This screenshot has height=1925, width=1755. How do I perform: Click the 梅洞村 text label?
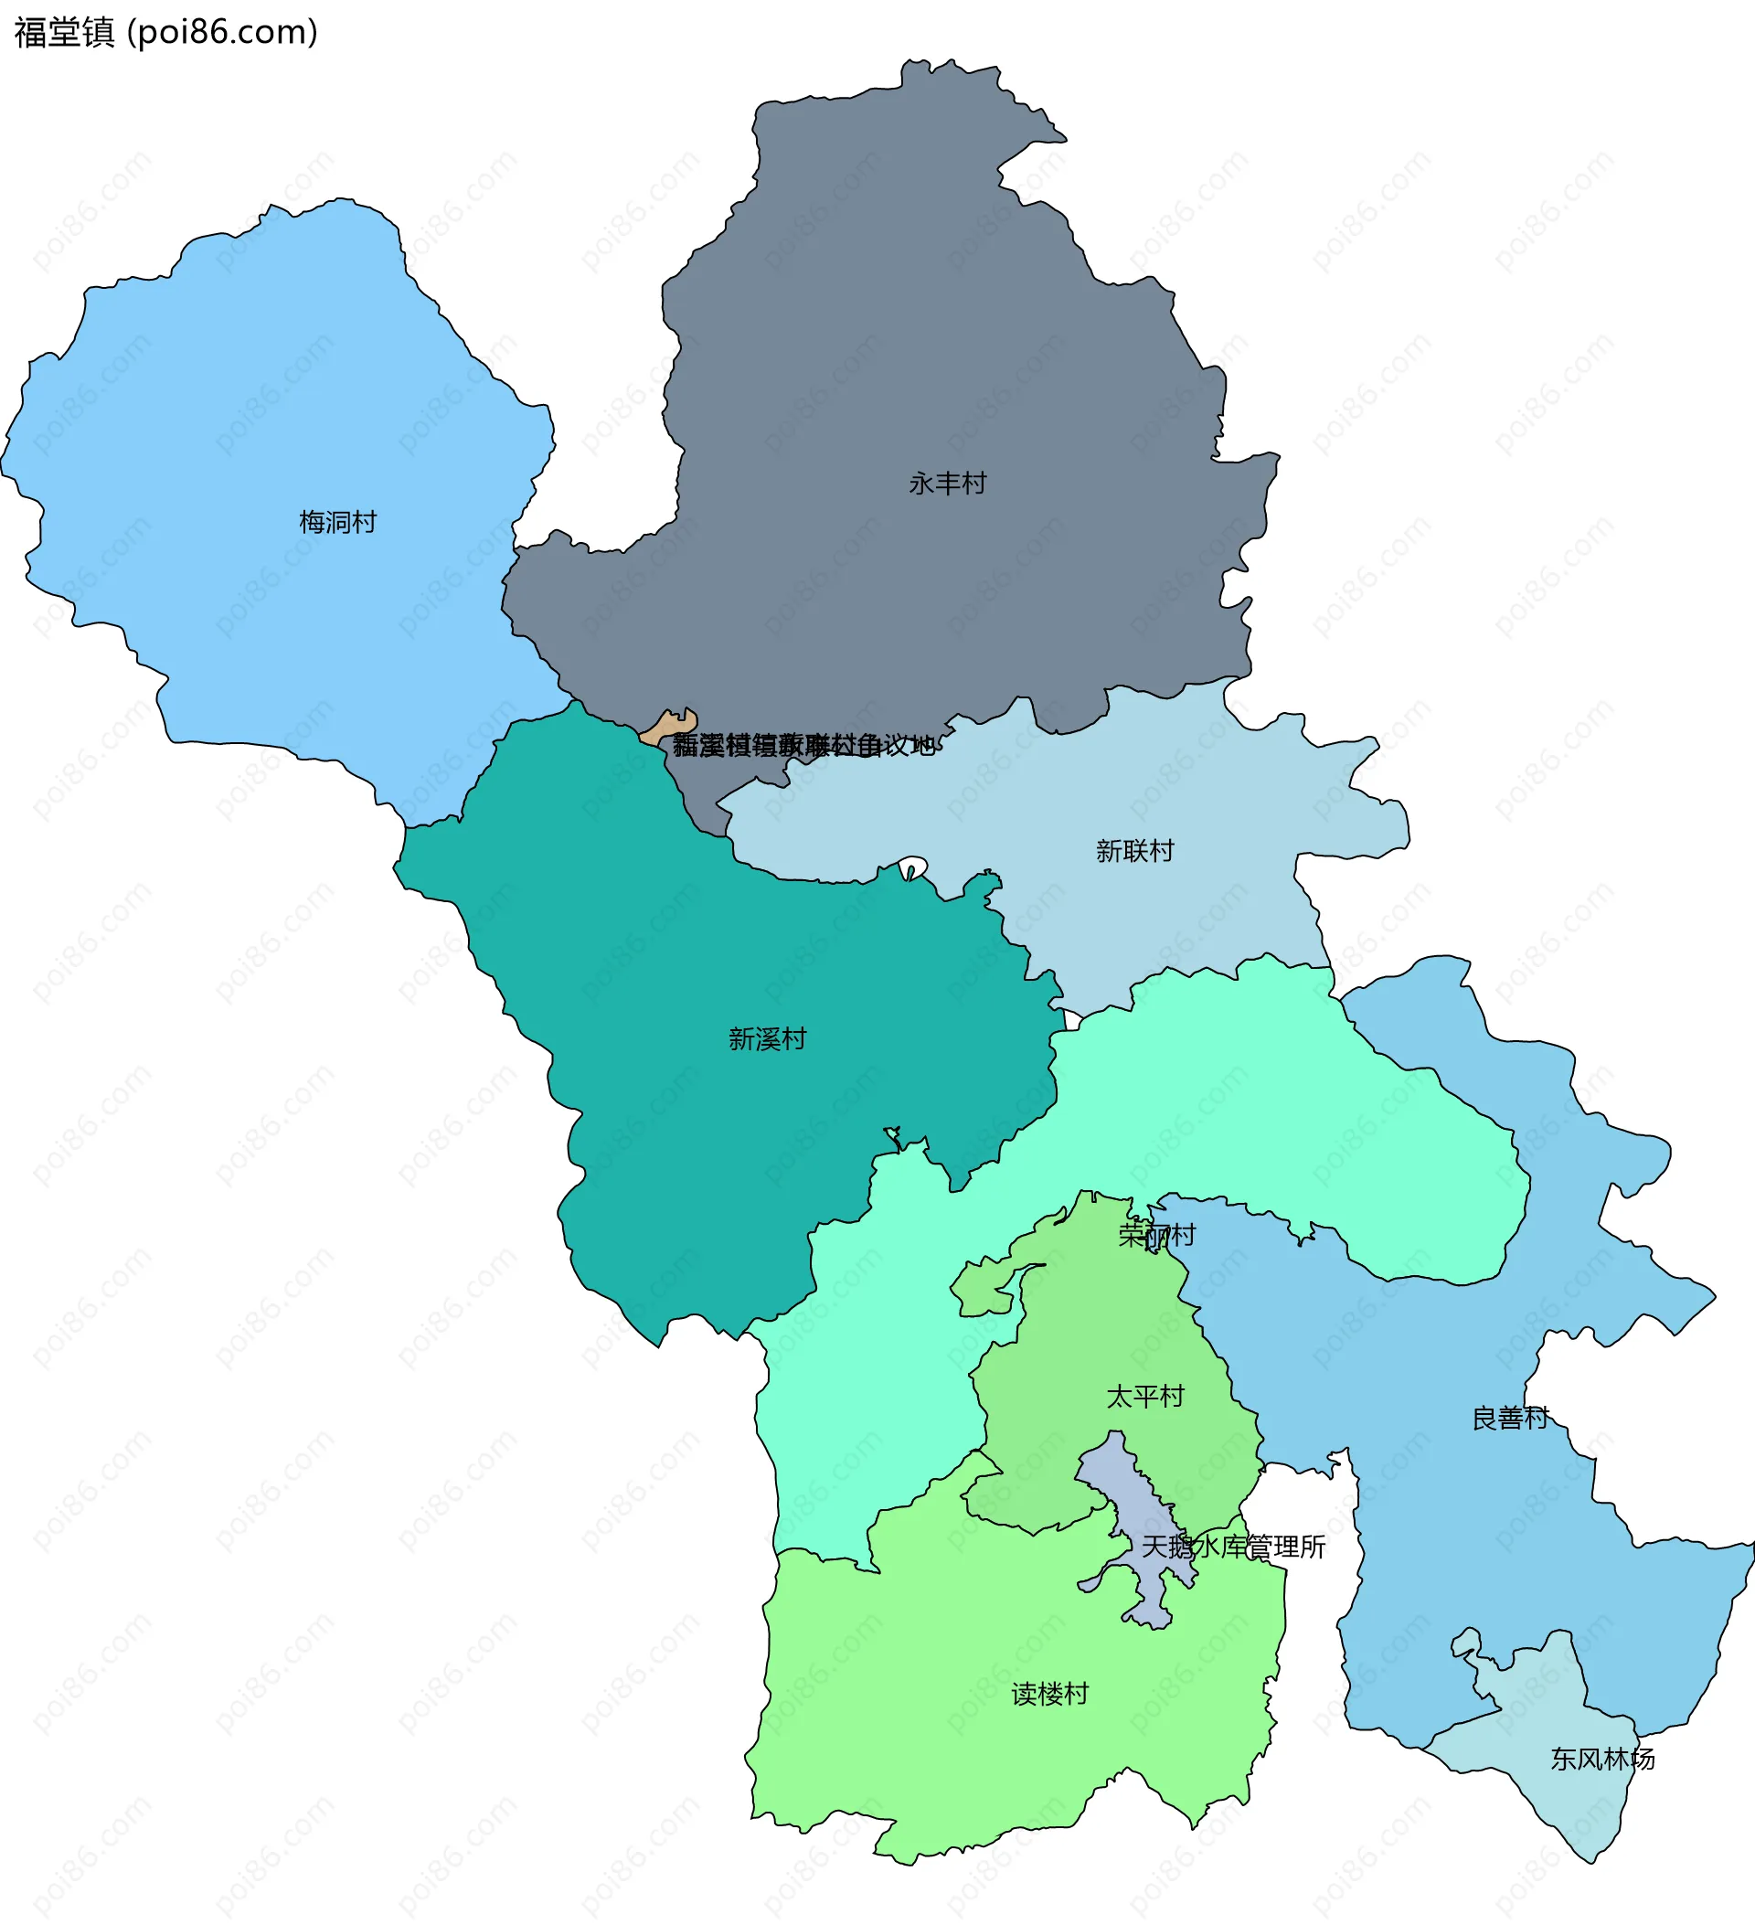[x=338, y=522]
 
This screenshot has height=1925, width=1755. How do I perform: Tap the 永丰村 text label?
[x=947, y=484]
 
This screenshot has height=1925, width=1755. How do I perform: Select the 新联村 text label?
[x=1134, y=851]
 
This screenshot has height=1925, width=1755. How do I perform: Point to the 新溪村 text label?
[x=768, y=1039]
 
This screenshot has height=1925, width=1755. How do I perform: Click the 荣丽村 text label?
[x=1157, y=1236]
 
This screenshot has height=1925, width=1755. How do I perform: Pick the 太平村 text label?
[x=1144, y=1397]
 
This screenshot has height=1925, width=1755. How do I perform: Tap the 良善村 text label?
[x=1510, y=1418]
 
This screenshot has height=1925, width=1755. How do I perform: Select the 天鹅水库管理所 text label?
[x=1234, y=1547]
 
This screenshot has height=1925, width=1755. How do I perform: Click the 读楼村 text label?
[x=1050, y=1694]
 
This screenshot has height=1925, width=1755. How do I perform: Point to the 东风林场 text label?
[x=1602, y=1759]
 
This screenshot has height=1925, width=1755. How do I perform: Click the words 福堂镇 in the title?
[x=64, y=33]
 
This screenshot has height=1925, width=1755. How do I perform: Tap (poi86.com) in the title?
[x=221, y=33]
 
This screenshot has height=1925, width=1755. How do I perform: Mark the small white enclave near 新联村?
[x=913, y=867]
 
